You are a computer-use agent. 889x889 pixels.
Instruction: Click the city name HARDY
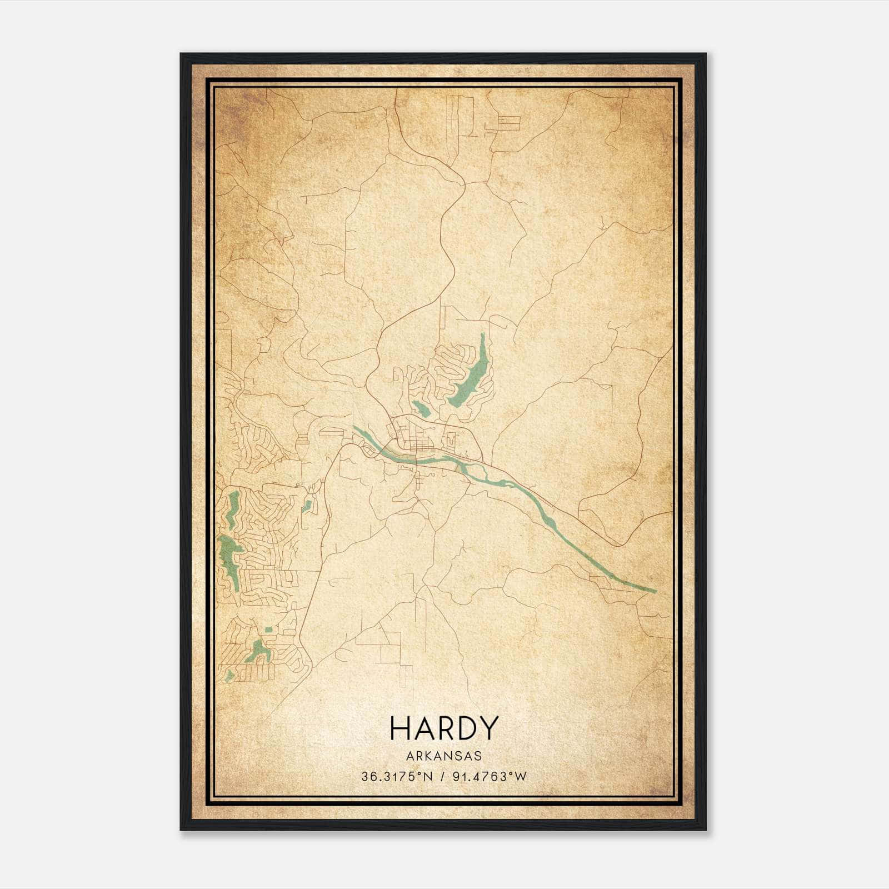[x=443, y=728]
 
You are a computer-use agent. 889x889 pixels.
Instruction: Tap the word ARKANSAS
[x=443, y=756]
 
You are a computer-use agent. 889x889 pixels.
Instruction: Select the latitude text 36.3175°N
[x=396, y=777]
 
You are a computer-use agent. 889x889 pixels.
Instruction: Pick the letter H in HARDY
[x=401, y=728]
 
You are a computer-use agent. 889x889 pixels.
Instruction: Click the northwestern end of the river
[x=356, y=428]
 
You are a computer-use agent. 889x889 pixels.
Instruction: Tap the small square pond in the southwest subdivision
[x=269, y=630]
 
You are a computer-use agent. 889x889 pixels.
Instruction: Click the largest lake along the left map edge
[x=229, y=556]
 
